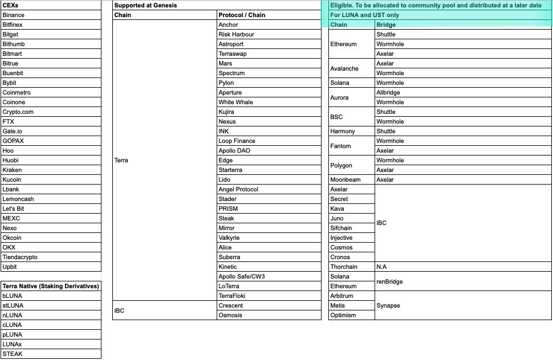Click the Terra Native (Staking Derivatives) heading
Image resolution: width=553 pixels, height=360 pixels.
click(51, 287)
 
